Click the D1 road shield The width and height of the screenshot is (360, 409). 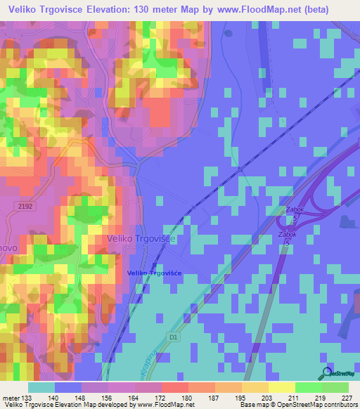click(x=174, y=338)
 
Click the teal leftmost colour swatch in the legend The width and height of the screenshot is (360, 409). click(x=41, y=387)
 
